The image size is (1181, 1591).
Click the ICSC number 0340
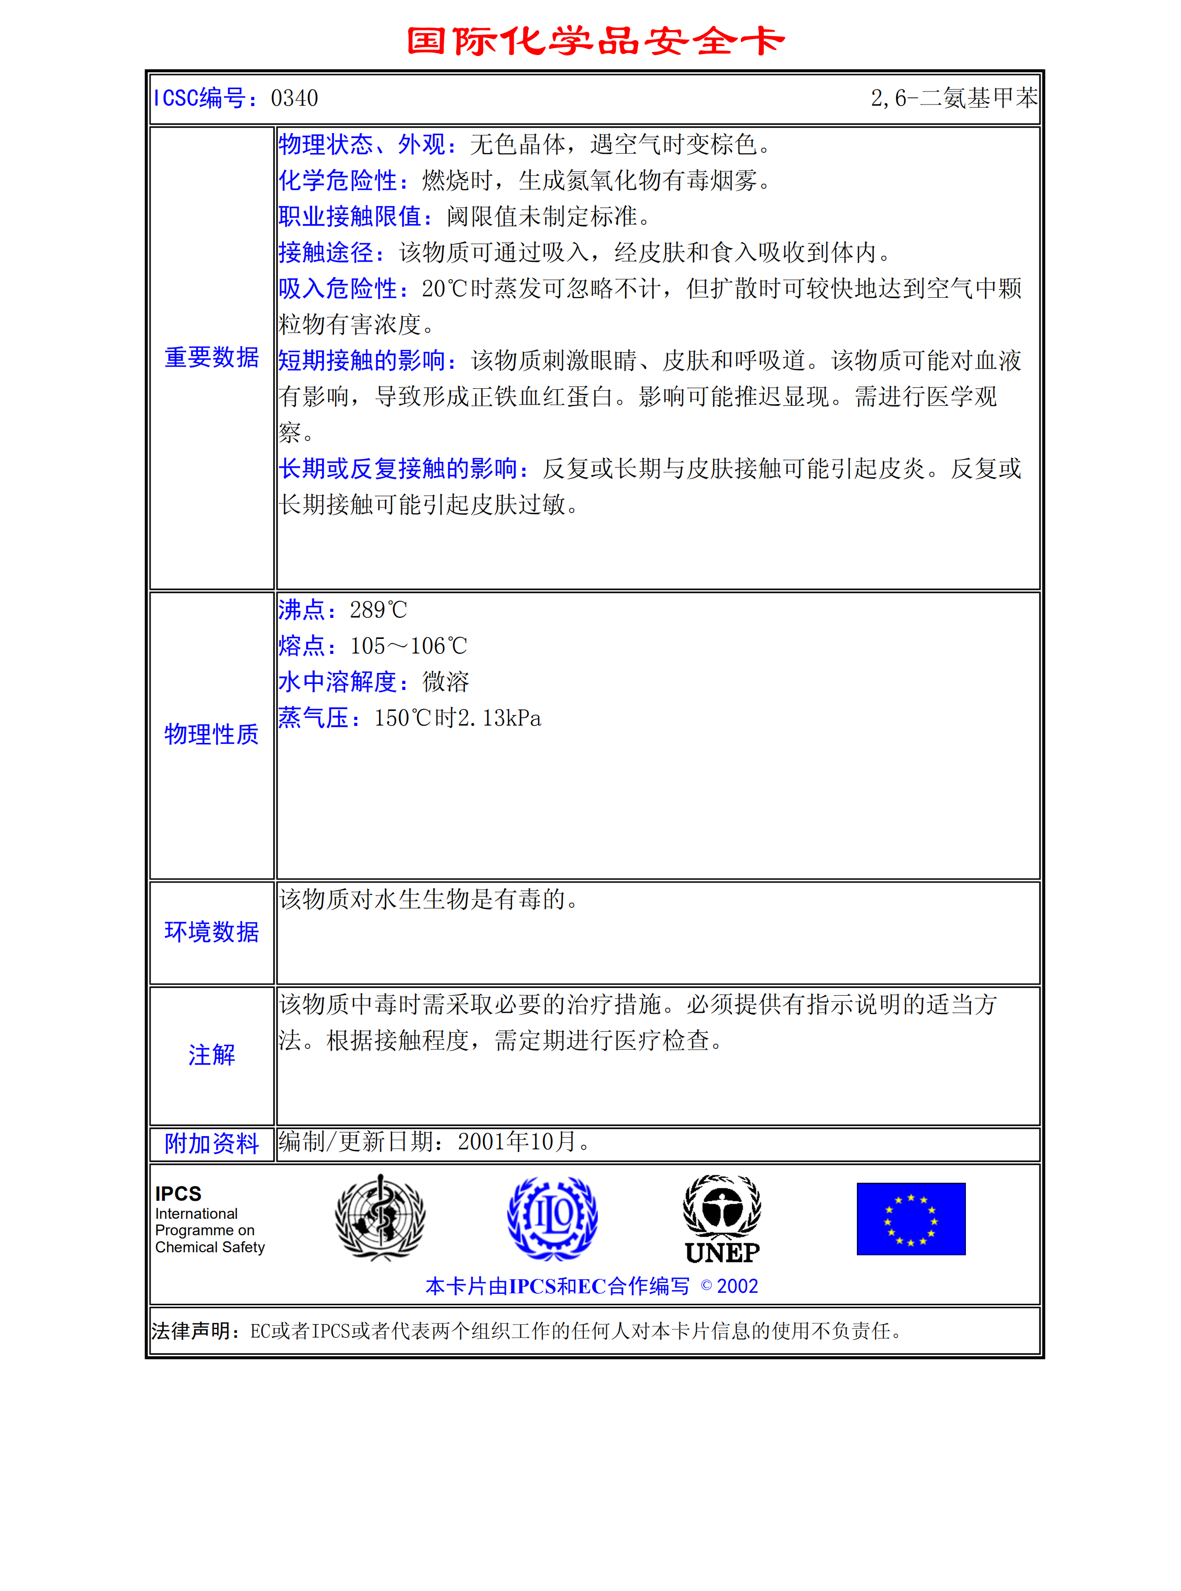[x=295, y=98]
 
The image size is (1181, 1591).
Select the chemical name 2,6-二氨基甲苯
[x=954, y=98]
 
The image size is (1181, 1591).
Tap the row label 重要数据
[x=212, y=358]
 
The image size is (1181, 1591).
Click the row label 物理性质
[x=212, y=734]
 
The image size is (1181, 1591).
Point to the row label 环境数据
[x=212, y=932]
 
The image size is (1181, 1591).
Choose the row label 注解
[x=212, y=1055]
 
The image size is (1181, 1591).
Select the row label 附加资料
[x=212, y=1143]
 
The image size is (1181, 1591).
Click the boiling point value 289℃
[x=378, y=610]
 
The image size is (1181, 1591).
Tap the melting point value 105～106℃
[x=408, y=646]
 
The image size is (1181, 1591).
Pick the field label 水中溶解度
[x=338, y=682]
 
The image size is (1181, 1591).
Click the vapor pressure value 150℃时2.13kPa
[x=458, y=718]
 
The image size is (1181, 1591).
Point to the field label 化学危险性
[x=338, y=180]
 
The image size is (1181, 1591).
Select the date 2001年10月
[x=517, y=1142]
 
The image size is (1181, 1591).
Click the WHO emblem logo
[x=380, y=1218]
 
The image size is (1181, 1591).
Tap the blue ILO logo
[x=552, y=1218]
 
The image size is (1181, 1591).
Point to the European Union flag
[x=911, y=1218]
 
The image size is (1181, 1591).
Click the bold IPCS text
[x=178, y=1193]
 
